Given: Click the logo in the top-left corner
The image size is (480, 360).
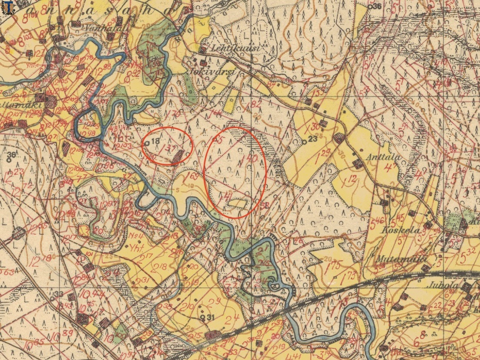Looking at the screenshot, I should [x=7, y=7].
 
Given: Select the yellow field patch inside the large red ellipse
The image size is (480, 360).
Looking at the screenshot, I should [x=238, y=203].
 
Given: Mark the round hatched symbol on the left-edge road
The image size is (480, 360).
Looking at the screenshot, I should [x=18, y=234].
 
